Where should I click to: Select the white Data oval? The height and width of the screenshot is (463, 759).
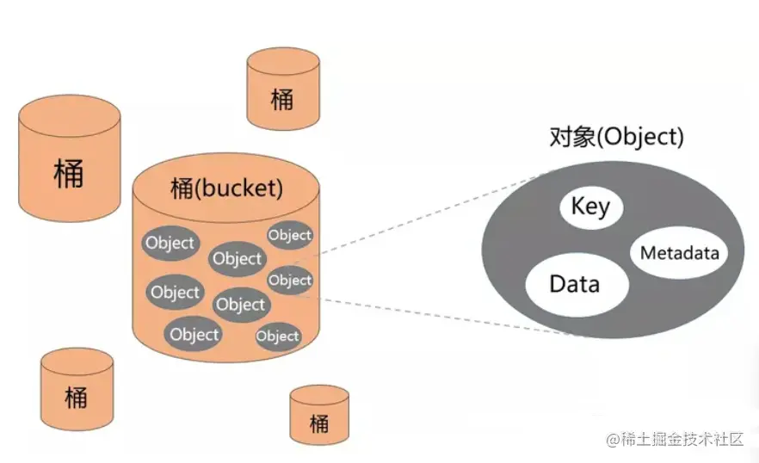(x=575, y=284)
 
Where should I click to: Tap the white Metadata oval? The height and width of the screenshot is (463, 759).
(x=680, y=253)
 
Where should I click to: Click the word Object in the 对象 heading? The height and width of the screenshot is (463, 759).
(x=633, y=137)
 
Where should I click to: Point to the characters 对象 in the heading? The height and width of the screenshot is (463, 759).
(x=567, y=137)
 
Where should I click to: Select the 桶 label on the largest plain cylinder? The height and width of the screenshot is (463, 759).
(x=68, y=172)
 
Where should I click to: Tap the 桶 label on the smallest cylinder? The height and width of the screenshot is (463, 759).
(x=318, y=423)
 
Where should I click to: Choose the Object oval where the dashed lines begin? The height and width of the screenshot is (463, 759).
(x=290, y=281)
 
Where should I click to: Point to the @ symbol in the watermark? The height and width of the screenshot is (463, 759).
(x=612, y=441)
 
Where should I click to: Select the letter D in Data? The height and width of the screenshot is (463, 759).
(x=557, y=284)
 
